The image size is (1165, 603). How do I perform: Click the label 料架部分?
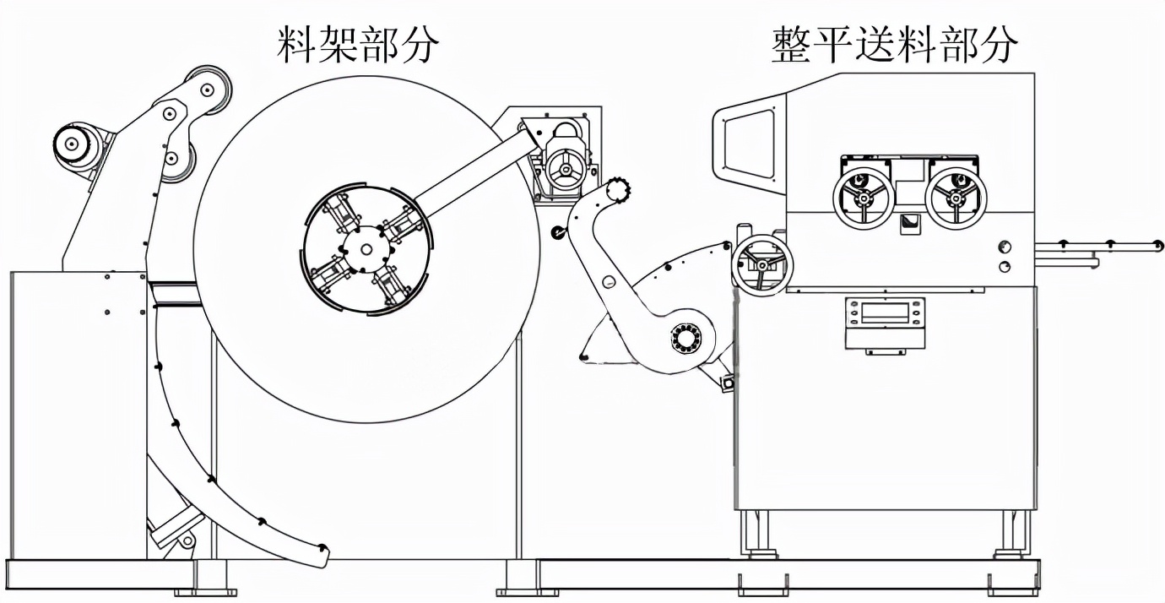coord(358,44)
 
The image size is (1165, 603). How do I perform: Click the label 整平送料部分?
coord(894,44)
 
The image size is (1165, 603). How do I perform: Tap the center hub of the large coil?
coord(366,248)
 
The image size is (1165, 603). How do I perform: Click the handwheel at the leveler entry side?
coord(761,263)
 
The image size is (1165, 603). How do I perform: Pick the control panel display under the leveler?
coord(885,313)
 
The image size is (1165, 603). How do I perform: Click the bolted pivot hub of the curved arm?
coord(686,340)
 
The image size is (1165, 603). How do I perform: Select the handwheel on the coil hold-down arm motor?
coord(563,166)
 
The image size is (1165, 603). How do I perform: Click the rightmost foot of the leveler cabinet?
coord(1011,553)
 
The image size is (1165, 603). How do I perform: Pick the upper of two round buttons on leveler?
coord(1005,246)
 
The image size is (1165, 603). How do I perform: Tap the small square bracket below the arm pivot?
coord(726,383)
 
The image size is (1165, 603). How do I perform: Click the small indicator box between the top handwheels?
coord(910,221)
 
